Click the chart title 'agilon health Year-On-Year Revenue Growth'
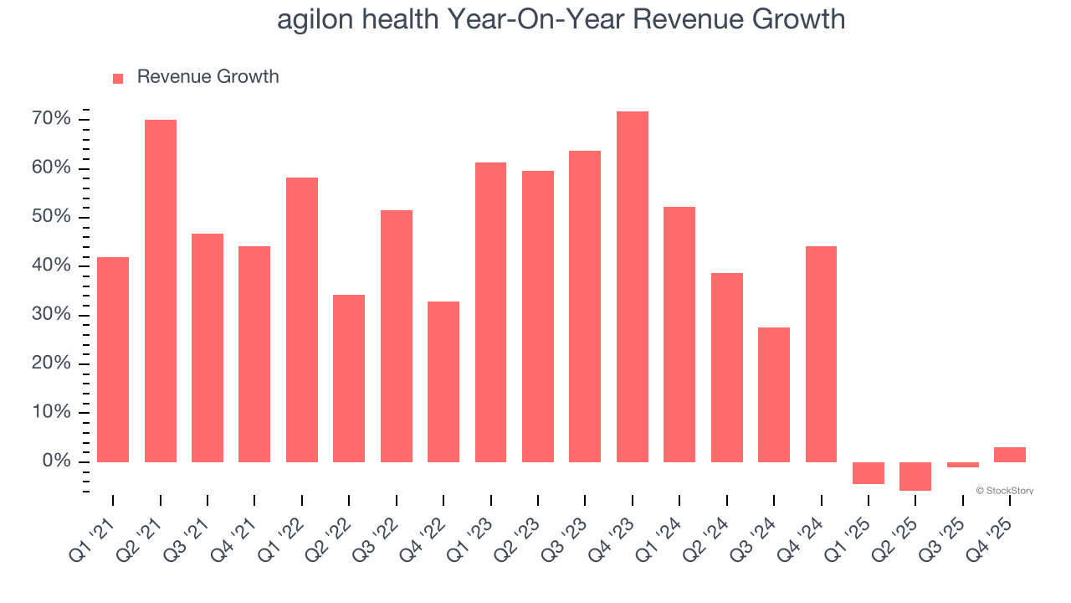(x=561, y=19)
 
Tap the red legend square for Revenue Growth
(x=118, y=78)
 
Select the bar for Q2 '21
(x=161, y=291)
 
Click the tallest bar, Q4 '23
(x=633, y=286)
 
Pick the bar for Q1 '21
(x=113, y=359)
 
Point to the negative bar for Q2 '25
(x=915, y=476)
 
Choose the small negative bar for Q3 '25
(x=963, y=465)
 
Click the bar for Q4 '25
(x=1010, y=455)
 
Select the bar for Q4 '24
(x=821, y=353)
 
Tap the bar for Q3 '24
(x=774, y=394)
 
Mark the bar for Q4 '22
(x=443, y=381)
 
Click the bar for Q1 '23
(x=490, y=312)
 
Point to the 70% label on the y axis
(x=51, y=119)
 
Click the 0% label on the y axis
(x=55, y=461)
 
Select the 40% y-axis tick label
(x=51, y=266)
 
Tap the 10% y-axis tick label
(x=51, y=413)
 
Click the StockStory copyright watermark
(x=1004, y=491)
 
